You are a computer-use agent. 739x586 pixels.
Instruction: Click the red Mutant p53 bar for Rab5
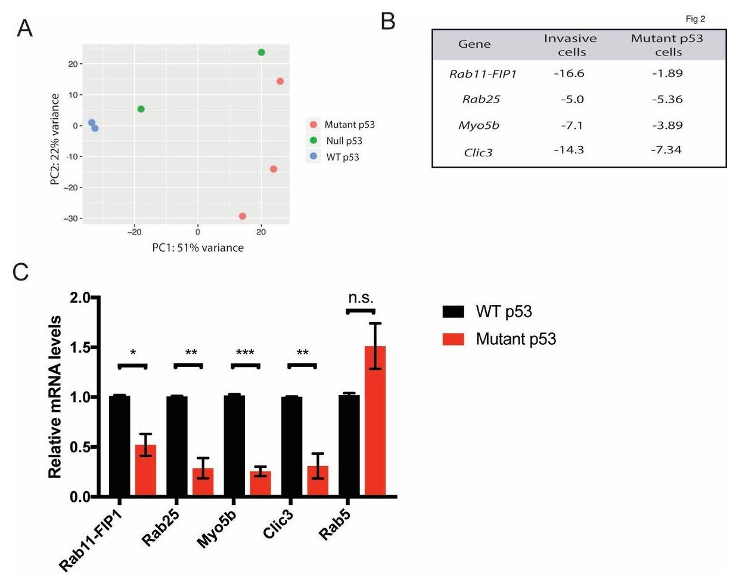pyautogui.click(x=375, y=421)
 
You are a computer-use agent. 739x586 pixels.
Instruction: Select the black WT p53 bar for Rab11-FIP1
pyautogui.click(x=119, y=445)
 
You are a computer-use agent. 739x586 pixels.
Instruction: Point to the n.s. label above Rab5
pyautogui.click(x=361, y=298)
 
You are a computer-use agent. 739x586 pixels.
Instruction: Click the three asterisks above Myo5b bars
pyautogui.click(x=245, y=353)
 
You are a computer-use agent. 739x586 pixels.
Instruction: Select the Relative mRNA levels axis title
pyautogui.click(x=55, y=397)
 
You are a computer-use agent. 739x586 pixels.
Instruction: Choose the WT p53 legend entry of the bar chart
pyautogui.click(x=504, y=311)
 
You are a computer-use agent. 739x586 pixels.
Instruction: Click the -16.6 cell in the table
pyautogui.click(x=569, y=73)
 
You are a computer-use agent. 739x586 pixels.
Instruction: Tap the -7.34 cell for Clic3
pyautogui.click(x=666, y=150)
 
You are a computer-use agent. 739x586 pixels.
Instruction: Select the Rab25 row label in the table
pyautogui.click(x=481, y=100)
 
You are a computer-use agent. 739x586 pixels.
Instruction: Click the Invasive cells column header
pyautogui.click(x=570, y=45)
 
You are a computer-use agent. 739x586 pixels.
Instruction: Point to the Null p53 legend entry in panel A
pyautogui.click(x=344, y=141)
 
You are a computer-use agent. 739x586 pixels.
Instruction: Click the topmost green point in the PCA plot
pyautogui.click(x=261, y=53)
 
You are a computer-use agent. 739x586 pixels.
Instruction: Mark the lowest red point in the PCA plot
pyautogui.click(x=243, y=216)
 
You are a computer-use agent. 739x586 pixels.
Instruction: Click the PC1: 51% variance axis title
pyautogui.click(x=198, y=248)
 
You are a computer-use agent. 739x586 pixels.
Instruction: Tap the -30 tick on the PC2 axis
pyautogui.click(x=70, y=218)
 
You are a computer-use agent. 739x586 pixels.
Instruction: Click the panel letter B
pyautogui.click(x=388, y=21)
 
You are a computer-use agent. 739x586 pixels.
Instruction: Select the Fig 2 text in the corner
pyautogui.click(x=695, y=19)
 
